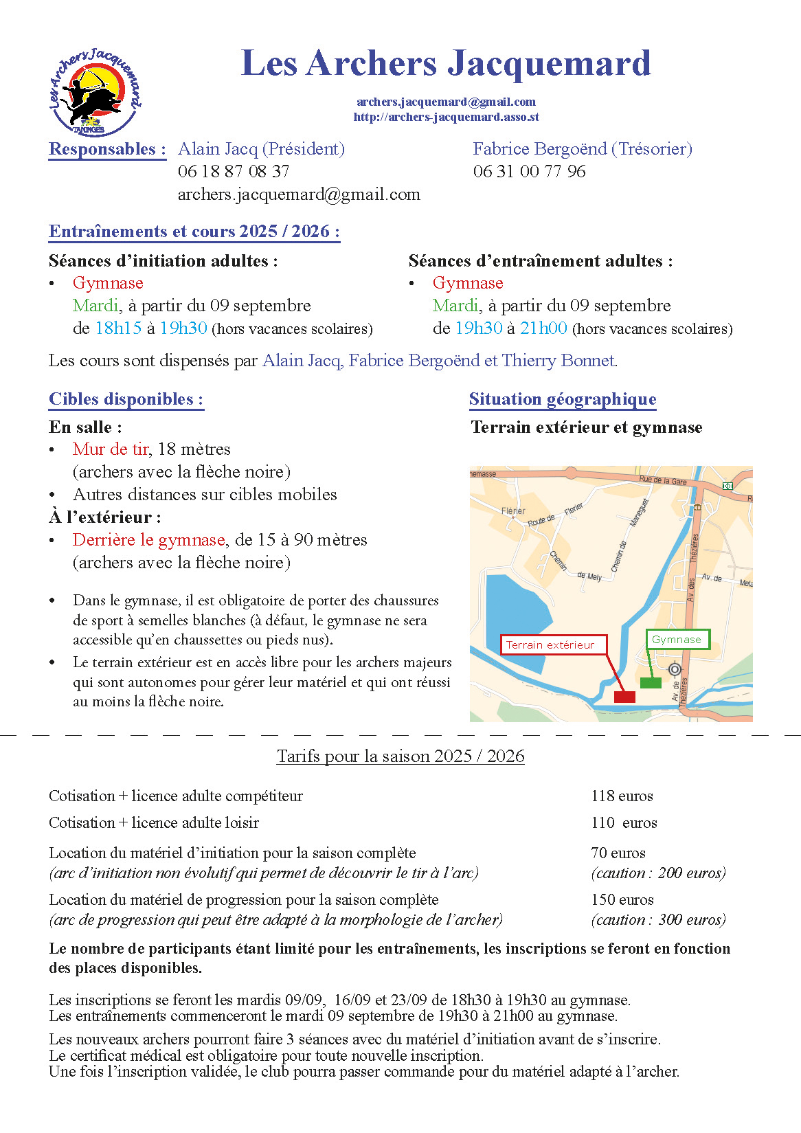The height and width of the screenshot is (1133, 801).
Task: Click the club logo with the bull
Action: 95,92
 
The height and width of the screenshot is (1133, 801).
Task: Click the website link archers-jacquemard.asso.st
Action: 446,117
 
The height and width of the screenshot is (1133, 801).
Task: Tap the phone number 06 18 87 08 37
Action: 234,172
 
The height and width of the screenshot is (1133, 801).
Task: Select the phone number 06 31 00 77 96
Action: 529,172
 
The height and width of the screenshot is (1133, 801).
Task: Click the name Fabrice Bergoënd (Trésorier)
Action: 582,149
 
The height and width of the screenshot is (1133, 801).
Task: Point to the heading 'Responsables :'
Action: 107,150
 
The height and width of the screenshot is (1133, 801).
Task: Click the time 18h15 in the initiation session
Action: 118,328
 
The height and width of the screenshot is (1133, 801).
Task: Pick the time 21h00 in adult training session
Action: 543,328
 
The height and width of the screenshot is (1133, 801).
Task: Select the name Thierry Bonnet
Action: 558,361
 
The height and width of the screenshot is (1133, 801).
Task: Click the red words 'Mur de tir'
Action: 111,449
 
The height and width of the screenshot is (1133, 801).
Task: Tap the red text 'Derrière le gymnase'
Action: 149,540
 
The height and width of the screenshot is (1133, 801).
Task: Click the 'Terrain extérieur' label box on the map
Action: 554,644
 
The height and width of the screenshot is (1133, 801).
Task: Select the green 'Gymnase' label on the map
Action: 677,640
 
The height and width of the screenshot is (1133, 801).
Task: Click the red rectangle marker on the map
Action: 624,697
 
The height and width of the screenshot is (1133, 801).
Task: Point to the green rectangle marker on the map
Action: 651,682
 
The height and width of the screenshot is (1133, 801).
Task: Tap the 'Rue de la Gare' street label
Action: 662,480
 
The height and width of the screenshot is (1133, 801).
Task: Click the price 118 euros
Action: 622,796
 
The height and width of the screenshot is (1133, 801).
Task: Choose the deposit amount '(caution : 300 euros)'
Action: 658,920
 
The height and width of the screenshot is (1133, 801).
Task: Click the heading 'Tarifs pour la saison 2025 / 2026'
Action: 400,756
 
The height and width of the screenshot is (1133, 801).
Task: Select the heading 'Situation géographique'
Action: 563,399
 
